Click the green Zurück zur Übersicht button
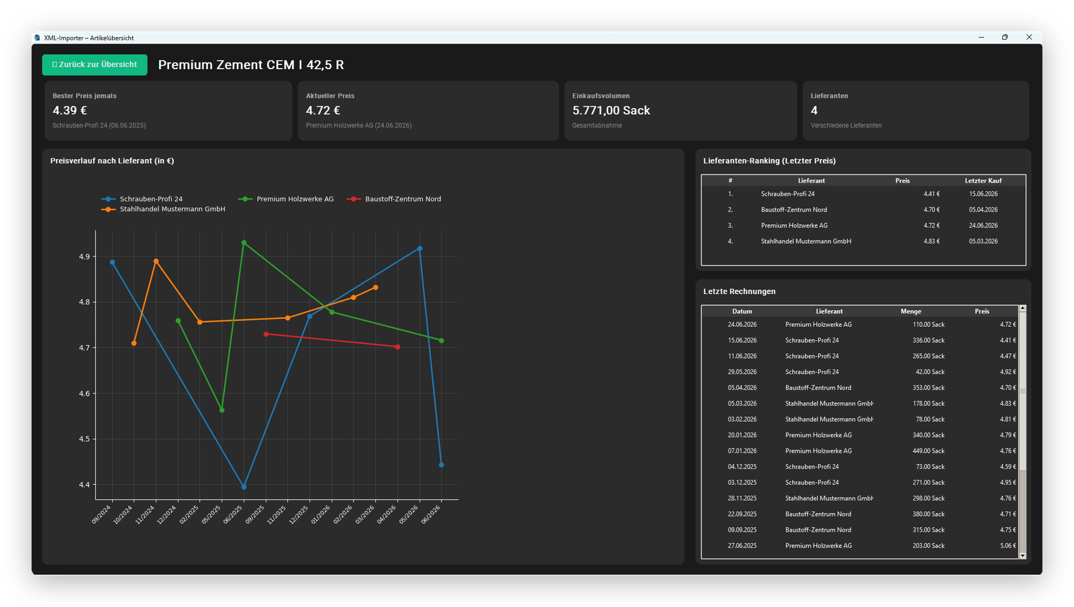[x=95, y=64]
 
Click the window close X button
[x=1029, y=37]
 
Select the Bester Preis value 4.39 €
[x=70, y=110]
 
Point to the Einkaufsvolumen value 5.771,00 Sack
[x=611, y=110]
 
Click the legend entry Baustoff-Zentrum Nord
[x=393, y=199]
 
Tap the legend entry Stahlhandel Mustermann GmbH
[x=163, y=209]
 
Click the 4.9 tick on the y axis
[x=85, y=256]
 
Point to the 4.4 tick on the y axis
[x=85, y=485]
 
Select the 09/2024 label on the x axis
[x=101, y=514]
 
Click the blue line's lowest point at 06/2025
[x=244, y=487]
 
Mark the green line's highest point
[x=244, y=243]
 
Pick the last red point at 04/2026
[x=397, y=346]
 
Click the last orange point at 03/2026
[x=375, y=287]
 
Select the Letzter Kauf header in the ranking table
[x=983, y=181]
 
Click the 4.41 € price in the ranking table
[x=932, y=194]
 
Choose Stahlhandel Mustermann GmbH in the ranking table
[x=806, y=241]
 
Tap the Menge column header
[x=910, y=311]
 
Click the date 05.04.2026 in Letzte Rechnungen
[x=742, y=387]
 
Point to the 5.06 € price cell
[x=1008, y=546]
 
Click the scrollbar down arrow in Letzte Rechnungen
[x=1022, y=556]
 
